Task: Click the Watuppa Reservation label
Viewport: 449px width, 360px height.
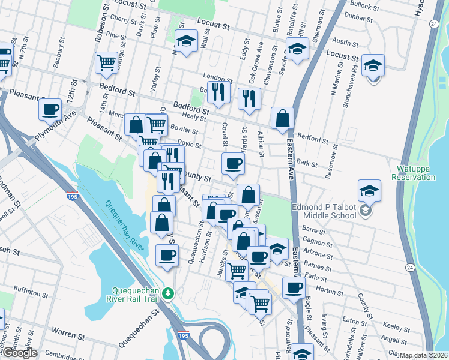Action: [413, 172]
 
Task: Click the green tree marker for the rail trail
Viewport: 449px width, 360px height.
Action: [169, 293]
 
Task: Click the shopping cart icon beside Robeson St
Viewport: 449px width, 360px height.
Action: [106, 62]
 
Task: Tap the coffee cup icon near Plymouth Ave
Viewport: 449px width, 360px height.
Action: [50, 109]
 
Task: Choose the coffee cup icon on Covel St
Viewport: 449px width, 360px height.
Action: [233, 162]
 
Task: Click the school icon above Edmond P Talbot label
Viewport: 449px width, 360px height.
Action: [369, 191]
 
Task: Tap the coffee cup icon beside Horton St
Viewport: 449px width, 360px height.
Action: [294, 287]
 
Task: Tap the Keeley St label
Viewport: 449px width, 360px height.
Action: [396, 326]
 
